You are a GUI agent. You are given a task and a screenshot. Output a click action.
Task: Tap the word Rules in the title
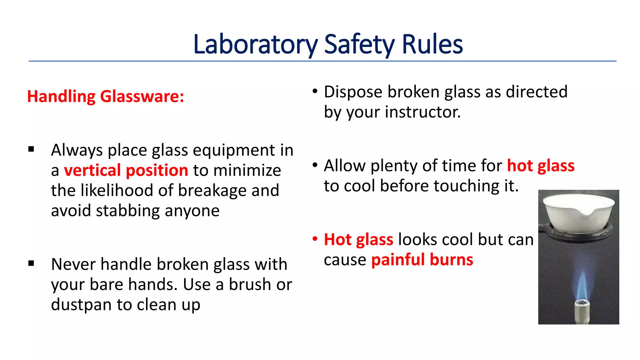(432, 44)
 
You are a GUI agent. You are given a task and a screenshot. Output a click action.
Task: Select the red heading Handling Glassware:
(106, 96)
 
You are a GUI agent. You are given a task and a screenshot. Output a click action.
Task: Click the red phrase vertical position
(126, 170)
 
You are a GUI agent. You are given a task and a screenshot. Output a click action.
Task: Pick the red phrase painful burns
(422, 260)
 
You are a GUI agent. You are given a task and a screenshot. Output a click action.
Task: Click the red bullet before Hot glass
(315, 239)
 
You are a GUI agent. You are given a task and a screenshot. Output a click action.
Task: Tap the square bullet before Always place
(31, 149)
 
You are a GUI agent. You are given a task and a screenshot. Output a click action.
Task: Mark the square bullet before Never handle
(31, 263)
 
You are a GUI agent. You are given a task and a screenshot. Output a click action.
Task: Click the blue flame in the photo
(581, 286)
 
